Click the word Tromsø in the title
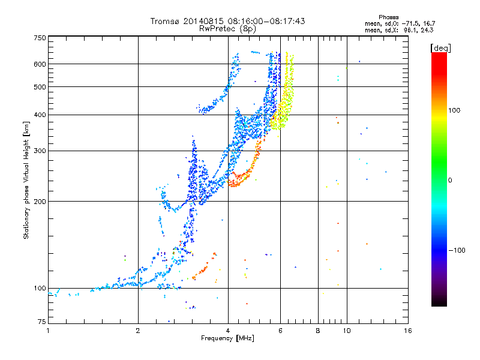[x=166, y=21]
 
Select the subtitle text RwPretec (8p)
[x=227, y=29]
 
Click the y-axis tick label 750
[x=40, y=38]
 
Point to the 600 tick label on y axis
[x=40, y=64]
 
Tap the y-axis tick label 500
[x=40, y=87]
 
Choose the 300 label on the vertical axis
[x=40, y=151]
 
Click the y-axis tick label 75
[x=42, y=322]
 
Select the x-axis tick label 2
[x=138, y=331]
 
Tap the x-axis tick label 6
[x=280, y=331]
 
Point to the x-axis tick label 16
[x=408, y=331]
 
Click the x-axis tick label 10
[x=347, y=331]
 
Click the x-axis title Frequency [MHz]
[x=227, y=338]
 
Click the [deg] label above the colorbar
[x=440, y=48]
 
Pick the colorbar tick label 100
[x=454, y=110]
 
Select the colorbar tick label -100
[x=457, y=250]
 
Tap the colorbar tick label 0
[x=450, y=181]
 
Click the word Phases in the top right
[x=388, y=17]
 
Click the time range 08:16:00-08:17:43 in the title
[x=266, y=21]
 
